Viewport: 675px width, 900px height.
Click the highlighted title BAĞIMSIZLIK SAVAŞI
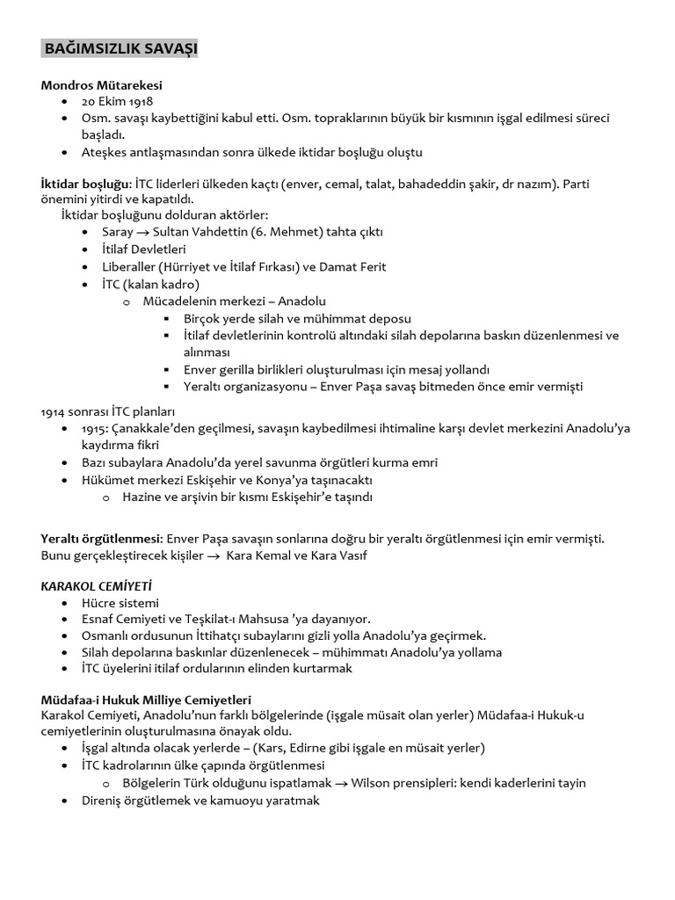click(x=120, y=49)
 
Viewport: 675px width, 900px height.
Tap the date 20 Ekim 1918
click(x=117, y=102)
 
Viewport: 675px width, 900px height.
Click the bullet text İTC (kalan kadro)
click(x=151, y=284)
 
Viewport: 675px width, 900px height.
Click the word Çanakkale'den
click(x=150, y=428)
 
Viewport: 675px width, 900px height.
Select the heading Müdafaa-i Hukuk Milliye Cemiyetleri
click(x=146, y=700)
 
